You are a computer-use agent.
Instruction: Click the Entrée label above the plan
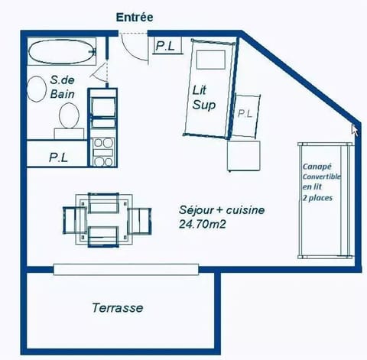point(135,16)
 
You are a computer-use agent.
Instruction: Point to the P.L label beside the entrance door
point(164,46)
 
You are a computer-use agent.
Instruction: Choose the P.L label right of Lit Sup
point(245,114)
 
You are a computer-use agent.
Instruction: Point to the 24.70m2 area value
point(205,225)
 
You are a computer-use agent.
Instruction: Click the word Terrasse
point(117,308)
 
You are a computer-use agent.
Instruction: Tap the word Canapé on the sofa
point(317,166)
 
